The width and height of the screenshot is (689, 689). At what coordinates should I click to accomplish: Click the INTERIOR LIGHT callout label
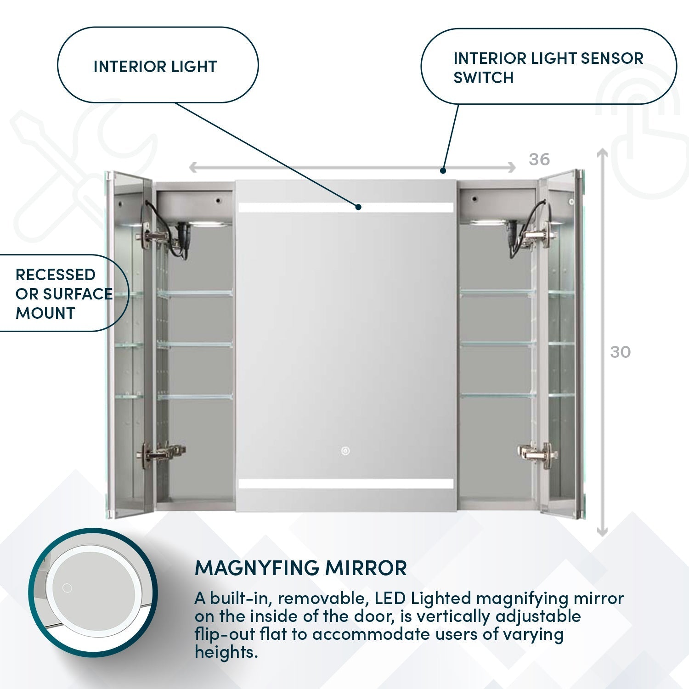click(x=155, y=67)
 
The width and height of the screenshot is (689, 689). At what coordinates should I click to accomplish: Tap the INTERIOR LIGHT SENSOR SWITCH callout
click(x=548, y=68)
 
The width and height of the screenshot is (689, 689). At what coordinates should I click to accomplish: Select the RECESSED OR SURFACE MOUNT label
click(x=64, y=294)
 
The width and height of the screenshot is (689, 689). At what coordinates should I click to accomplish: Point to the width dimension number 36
click(x=539, y=159)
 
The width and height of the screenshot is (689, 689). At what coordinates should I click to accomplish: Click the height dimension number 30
click(x=620, y=352)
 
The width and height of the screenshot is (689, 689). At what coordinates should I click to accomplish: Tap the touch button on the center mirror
click(x=344, y=451)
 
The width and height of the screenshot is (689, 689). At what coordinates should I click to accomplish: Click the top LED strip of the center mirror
click(x=345, y=207)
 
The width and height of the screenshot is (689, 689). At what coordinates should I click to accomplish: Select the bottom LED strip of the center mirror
click(x=345, y=484)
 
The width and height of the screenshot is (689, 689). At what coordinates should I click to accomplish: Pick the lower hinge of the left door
click(x=163, y=454)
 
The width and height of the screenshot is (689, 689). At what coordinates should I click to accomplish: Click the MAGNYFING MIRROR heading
click(x=301, y=568)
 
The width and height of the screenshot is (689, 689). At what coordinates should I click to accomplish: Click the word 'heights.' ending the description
click(x=226, y=651)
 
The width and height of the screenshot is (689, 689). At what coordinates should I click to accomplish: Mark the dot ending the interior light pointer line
click(x=358, y=207)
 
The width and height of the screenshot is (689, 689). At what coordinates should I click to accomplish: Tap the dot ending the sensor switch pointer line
click(x=442, y=170)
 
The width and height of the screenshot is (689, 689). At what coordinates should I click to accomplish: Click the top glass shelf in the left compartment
click(x=195, y=293)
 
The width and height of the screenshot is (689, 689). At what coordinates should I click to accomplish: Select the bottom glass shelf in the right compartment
click(x=498, y=395)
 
